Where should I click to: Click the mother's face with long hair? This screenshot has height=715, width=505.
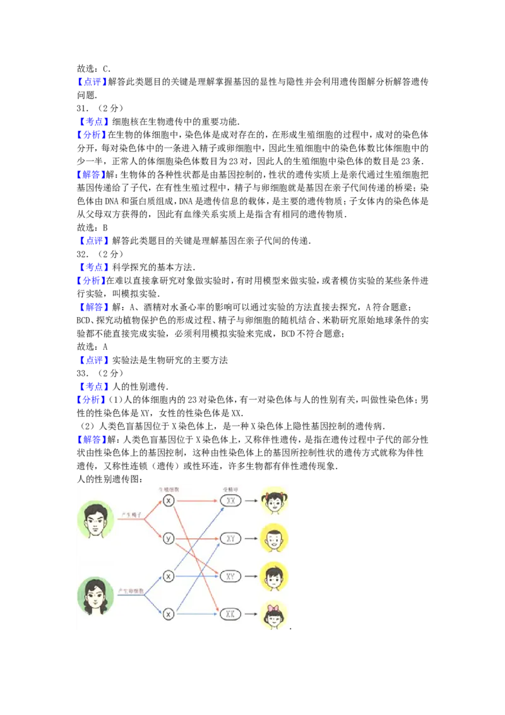click(95, 596)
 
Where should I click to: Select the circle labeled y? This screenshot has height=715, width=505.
click(169, 538)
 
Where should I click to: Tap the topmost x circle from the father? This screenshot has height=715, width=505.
click(169, 500)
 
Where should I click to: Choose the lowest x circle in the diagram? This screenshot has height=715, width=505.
click(169, 613)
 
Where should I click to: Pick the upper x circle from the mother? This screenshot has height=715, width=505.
click(169, 576)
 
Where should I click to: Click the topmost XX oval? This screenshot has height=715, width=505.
click(230, 501)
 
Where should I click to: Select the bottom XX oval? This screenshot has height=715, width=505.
click(230, 613)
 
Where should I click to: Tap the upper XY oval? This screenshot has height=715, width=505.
click(230, 539)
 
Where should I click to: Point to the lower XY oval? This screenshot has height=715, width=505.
click(230, 576)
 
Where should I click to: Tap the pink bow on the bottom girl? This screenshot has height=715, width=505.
click(274, 608)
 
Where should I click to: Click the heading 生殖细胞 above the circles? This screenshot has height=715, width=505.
click(169, 489)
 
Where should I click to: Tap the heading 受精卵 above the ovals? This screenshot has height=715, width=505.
click(230, 489)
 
